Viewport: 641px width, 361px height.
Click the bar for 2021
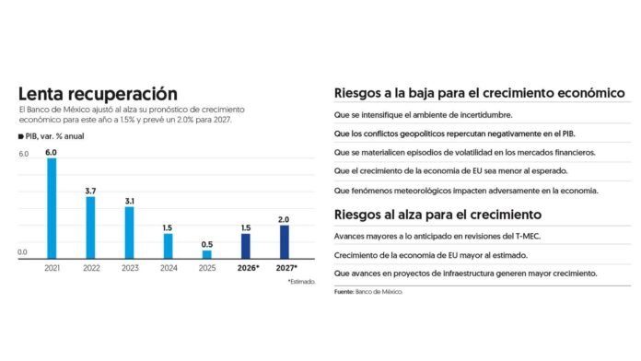52,208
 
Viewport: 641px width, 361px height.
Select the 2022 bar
90,227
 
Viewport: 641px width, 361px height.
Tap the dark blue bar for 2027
284,242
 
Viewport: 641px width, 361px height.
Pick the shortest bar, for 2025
207,255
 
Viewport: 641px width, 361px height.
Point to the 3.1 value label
129,201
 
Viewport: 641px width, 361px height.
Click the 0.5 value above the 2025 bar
207,244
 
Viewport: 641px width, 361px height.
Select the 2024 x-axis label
169,268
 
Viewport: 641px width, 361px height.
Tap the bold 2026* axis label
248,268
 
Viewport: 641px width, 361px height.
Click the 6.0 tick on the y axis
24,154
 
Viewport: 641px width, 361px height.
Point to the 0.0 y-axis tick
22,252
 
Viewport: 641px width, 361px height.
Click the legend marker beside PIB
21,136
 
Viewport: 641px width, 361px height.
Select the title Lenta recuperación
99,94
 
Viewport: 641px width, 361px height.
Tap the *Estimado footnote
302,282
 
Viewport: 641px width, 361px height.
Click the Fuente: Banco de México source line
368,292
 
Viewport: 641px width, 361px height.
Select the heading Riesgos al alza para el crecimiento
437,215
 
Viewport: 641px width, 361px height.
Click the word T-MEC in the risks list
528,237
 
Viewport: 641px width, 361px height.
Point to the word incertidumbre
486,115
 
